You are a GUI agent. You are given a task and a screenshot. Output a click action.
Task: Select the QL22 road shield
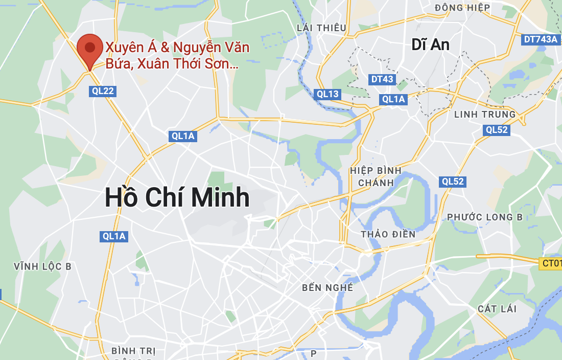pos(103,92)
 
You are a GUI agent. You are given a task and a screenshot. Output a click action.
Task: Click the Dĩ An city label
pos(430,45)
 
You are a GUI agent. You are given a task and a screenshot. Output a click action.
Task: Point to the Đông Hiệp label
pos(462,8)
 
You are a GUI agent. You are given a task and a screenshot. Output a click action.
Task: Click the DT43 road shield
pos(382,79)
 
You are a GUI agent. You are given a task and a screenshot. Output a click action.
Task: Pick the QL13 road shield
pos(327,94)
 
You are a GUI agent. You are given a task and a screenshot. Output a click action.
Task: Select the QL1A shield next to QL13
pos(393,99)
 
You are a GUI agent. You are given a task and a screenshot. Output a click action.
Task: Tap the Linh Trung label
pos(485,114)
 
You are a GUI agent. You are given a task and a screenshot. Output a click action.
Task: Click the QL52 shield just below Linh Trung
pos(497,130)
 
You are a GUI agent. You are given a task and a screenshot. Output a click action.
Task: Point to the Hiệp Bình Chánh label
pos(376,176)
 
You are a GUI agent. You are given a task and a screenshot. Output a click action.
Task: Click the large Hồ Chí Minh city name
pos(177,198)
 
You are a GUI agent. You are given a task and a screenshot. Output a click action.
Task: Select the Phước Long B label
pos(485,217)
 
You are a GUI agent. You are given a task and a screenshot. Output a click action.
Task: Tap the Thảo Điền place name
pos(388,234)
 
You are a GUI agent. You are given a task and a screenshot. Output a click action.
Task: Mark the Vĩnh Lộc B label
pos(43,266)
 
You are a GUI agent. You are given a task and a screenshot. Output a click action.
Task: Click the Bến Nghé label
pos(327,287)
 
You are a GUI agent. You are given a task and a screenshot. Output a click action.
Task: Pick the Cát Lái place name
pos(497,309)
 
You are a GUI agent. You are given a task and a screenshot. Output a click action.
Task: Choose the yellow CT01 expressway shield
pos(551,263)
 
